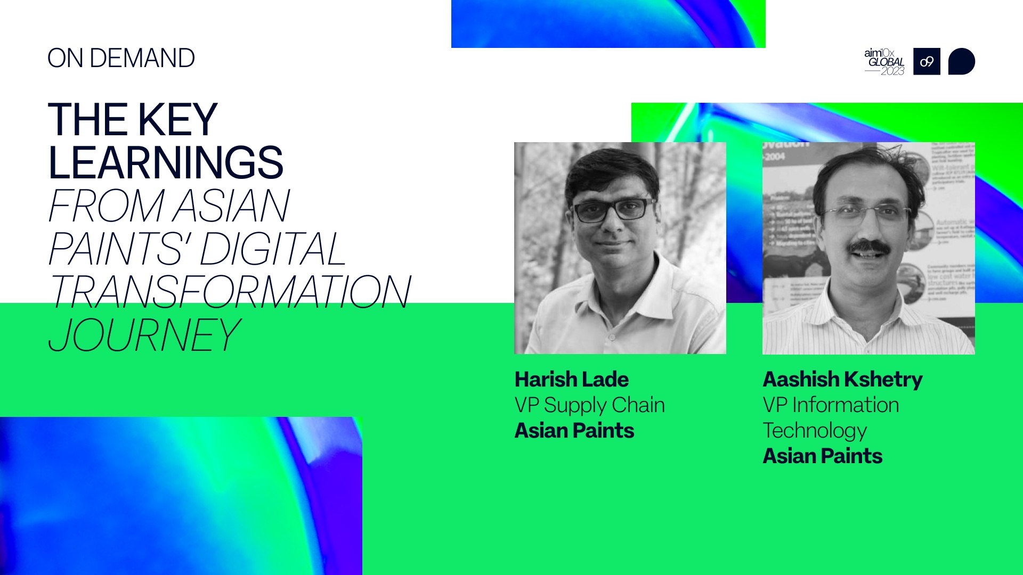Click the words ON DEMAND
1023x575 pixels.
point(121,58)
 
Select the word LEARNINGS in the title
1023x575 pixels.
point(165,163)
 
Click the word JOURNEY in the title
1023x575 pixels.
point(144,335)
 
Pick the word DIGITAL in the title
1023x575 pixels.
point(273,249)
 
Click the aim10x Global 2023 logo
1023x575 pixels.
point(884,62)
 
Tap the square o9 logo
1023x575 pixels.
point(927,62)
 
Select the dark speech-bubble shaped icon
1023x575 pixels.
point(961,62)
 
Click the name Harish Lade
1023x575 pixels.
point(571,380)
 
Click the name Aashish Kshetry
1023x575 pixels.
point(842,380)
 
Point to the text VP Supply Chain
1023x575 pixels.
point(589,405)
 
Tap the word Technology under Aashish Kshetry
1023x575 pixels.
point(815,431)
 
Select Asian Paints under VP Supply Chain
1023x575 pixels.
point(574,431)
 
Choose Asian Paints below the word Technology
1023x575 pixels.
point(822,456)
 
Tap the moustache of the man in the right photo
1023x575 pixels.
point(869,247)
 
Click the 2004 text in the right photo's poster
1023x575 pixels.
point(775,157)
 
